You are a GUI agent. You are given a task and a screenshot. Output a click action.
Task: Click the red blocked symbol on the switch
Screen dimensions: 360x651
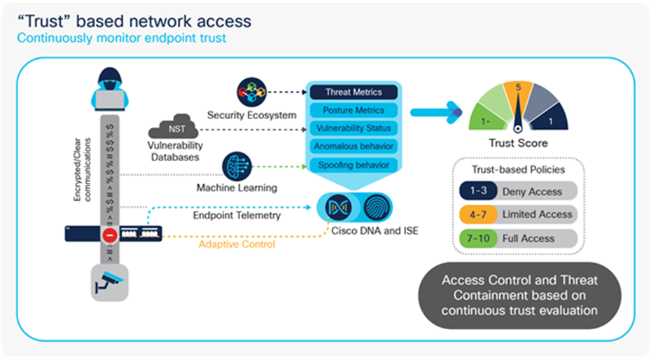pyautogui.click(x=109, y=236)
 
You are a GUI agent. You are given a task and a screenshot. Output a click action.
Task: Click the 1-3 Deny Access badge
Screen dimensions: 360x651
pyautogui.click(x=477, y=191)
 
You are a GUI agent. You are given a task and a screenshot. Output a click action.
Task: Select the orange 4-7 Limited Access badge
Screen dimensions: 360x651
pyautogui.click(x=477, y=214)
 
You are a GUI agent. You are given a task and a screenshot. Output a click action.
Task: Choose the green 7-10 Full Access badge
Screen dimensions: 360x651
pyautogui.click(x=477, y=239)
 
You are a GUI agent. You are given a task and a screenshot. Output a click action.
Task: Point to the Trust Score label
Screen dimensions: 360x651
pyautogui.click(x=518, y=144)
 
